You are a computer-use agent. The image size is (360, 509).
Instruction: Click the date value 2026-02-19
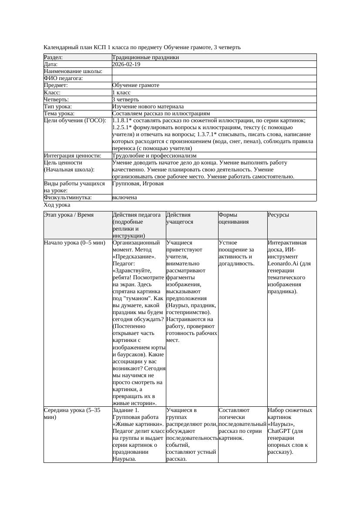(126, 64)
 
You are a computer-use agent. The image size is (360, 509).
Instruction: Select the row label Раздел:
(54, 57)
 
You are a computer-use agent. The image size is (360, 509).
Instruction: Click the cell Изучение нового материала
(148, 107)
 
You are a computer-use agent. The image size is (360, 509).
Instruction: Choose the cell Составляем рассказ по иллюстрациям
(161, 114)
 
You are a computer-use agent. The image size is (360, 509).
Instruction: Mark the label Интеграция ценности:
(72, 156)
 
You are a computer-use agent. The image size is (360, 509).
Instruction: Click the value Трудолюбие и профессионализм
(154, 156)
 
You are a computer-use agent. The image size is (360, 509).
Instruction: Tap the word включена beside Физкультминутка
(124, 198)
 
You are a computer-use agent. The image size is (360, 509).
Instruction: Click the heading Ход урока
(57, 205)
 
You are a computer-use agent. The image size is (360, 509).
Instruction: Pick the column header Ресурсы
(278, 215)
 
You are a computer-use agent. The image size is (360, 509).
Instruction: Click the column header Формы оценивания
(233, 218)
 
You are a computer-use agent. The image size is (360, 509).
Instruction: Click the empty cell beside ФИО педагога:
(213, 78)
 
